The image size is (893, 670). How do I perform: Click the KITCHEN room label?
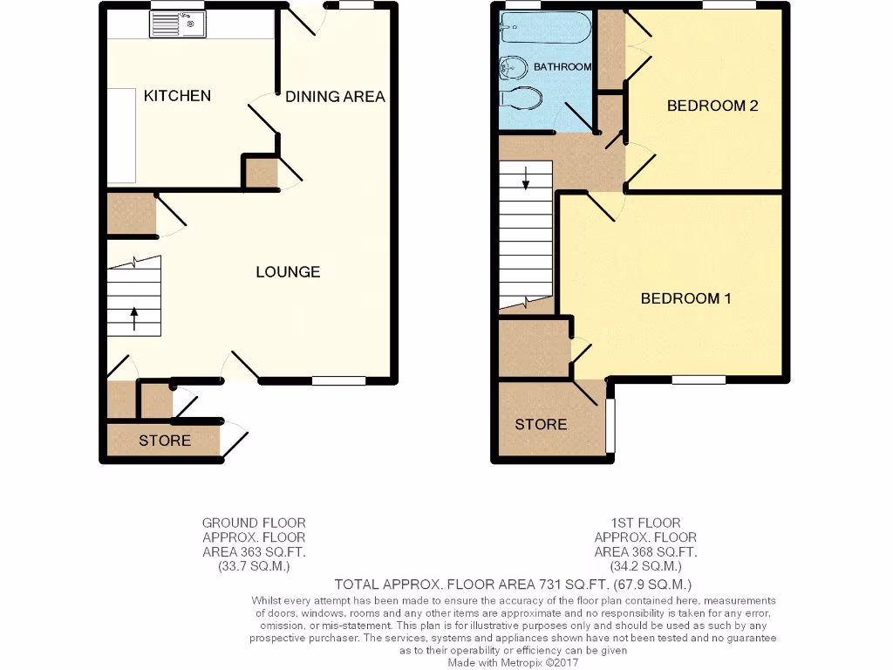[177, 95]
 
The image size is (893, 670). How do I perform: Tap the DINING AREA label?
[335, 97]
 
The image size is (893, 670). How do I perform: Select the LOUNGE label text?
[288, 272]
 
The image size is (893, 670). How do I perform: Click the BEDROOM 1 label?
[685, 298]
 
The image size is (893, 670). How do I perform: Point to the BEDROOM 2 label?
[712, 106]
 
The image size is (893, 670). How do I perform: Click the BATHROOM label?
[562, 66]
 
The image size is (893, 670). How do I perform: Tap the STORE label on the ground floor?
[165, 441]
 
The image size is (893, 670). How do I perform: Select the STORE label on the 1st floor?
[541, 425]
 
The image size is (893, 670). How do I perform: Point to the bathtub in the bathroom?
[546, 27]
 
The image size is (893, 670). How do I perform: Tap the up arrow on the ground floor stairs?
[134, 318]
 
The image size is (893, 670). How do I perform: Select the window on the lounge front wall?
[339, 380]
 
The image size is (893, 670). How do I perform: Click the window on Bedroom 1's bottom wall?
[699, 379]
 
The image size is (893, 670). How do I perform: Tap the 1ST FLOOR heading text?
[645, 523]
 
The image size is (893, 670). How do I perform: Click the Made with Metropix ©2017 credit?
[514, 663]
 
